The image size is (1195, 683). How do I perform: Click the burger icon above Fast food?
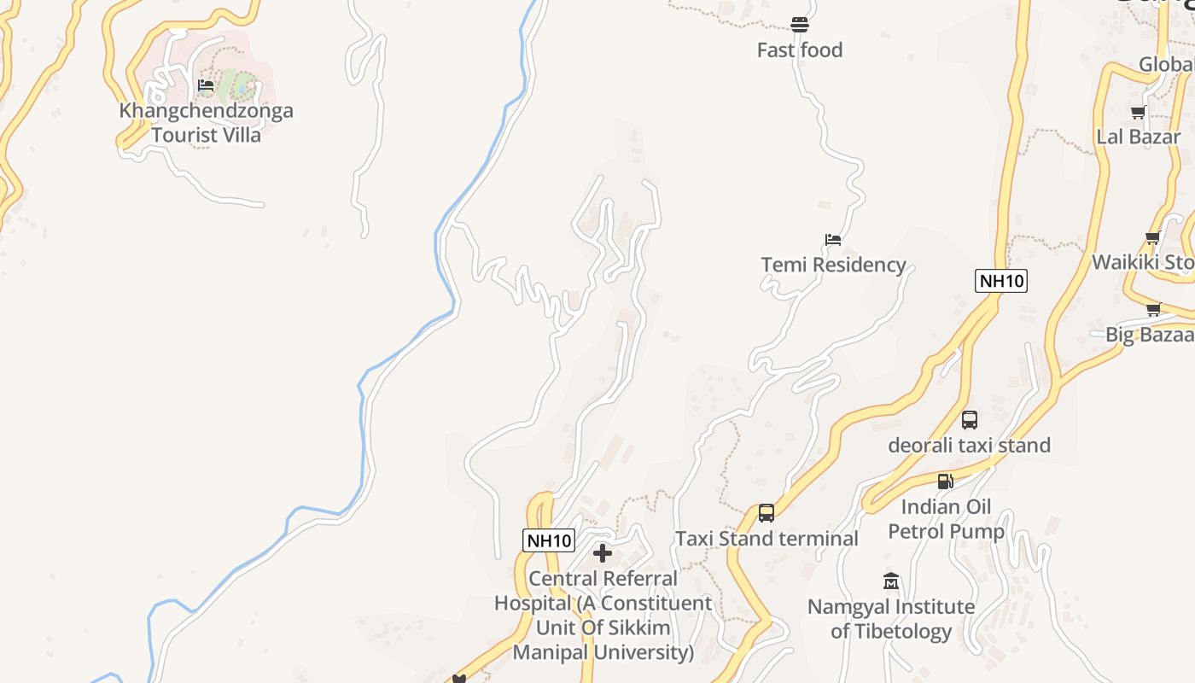click(800, 25)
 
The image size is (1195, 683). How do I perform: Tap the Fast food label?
click(800, 50)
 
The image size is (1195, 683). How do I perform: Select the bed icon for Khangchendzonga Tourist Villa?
click(206, 85)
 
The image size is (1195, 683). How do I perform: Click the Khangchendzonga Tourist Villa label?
click(207, 122)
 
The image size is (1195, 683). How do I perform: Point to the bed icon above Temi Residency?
click(833, 240)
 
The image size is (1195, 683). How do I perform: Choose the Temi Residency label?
click(833, 265)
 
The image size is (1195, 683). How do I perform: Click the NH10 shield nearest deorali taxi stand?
click(1000, 281)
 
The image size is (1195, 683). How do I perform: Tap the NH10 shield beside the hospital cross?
click(548, 540)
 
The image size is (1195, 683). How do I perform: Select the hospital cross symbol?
click(603, 553)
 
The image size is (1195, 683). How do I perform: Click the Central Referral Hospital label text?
click(603, 615)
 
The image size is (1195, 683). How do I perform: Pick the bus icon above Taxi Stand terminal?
click(767, 513)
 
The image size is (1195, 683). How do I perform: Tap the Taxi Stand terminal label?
click(767, 539)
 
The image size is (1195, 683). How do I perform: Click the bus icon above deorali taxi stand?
click(970, 420)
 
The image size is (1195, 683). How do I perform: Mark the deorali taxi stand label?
click(970, 445)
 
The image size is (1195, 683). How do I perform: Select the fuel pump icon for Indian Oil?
click(945, 482)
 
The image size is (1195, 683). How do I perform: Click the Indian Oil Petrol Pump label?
click(946, 519)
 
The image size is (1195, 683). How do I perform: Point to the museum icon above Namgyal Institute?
click(891, 581)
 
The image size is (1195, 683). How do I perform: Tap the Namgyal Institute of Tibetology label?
click(891, 619)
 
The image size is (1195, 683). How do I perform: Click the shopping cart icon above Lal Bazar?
click(1138, 112)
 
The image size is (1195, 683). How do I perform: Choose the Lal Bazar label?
click(1139, 137)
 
